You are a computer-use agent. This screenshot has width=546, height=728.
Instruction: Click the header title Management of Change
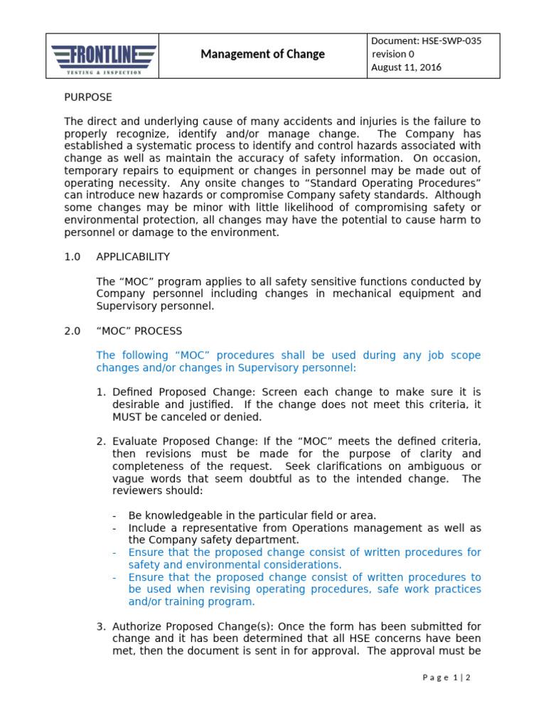point(262,54)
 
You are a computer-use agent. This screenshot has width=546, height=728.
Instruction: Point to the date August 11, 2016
point(407,68)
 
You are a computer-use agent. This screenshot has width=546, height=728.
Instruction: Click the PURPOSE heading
point(88,97)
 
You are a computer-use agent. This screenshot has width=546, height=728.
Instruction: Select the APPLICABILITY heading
point(133,257)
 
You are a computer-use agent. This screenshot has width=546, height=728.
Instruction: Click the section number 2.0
point(73,331)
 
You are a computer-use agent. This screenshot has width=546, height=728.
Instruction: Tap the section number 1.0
point(73,257)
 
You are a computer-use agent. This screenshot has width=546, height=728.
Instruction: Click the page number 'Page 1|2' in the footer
point(446,678)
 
